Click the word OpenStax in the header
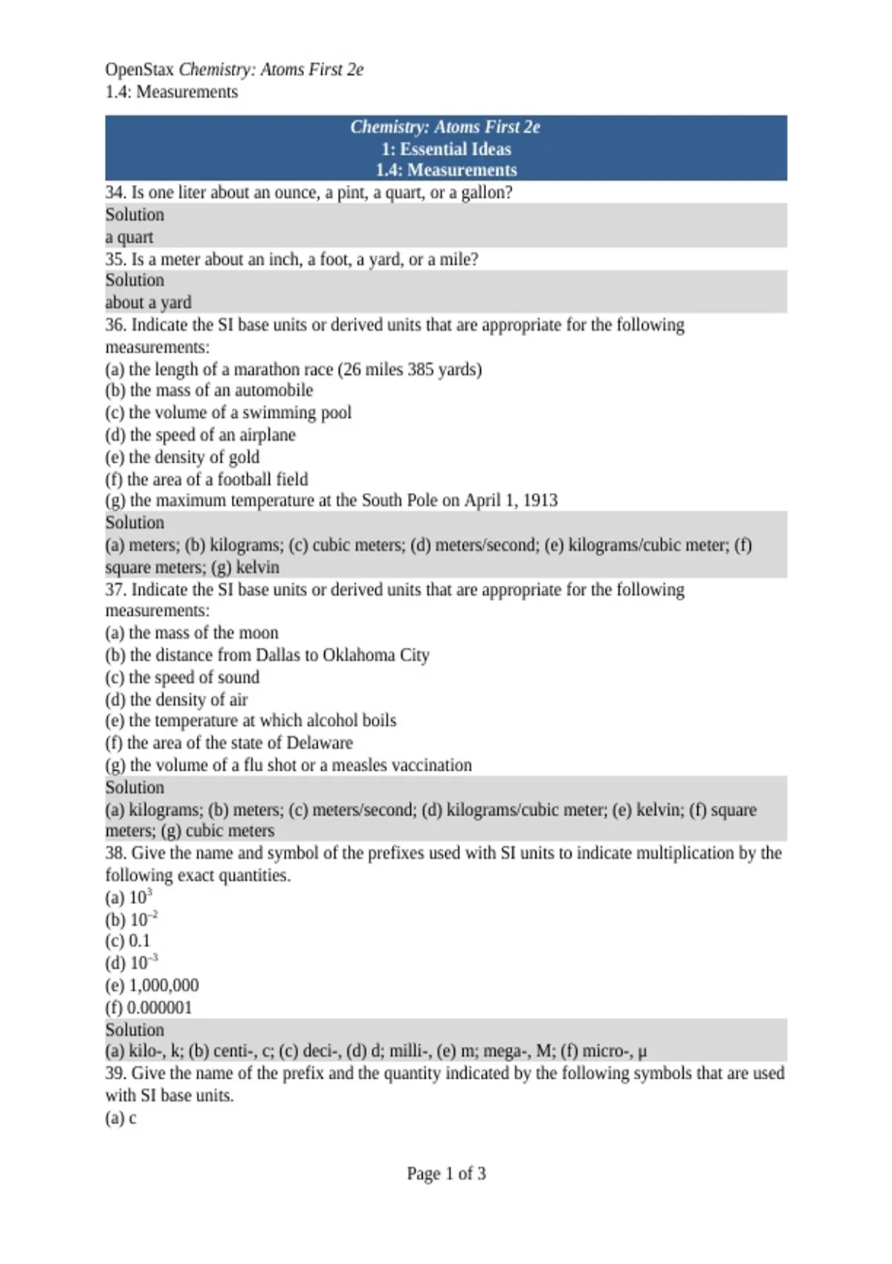pyautogui.click(x=139, y=70)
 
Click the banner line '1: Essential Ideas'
pyautogui.click(x=446, y=149)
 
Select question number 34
pyautogui.click(x=115, y=193)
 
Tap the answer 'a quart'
pyautogui.click(x=129, y=237)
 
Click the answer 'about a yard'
pyautogui.click(x=149, y=303)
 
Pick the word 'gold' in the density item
pyautogui.click(x=244, y=457)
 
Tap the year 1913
pyautogui.click(x=540, y=500)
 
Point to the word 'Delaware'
pyautogui.click(x=320, y=743)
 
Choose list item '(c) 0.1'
pyautogui.click(x=128, y=941)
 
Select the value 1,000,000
pyautogui.click(x=164, y=986)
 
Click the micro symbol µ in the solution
pyautogui.click(x=642, y=1052)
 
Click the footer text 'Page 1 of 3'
pyautogui.click(x=446, y=1174)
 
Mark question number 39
pyautogui.click(x=115, y=1074)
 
